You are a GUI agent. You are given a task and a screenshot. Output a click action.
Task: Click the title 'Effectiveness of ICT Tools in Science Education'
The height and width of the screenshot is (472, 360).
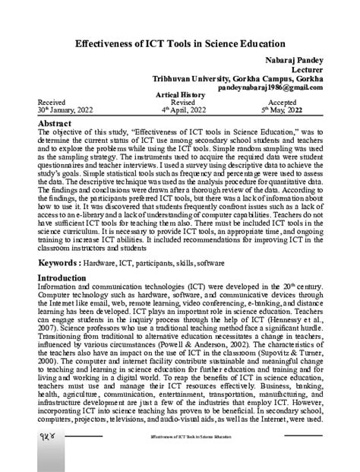(x=179, y=45)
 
